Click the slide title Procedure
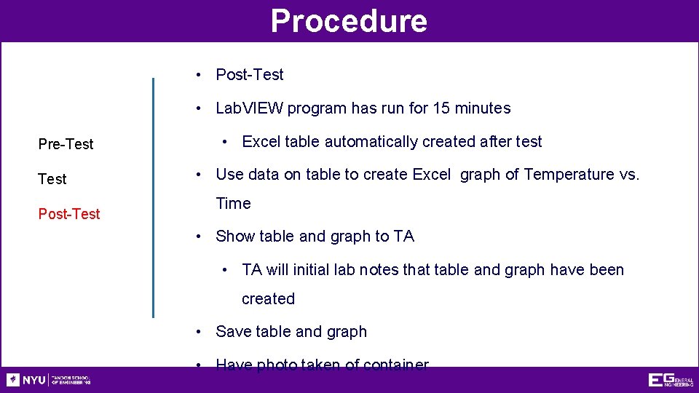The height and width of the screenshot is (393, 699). pyautogui.click(x=349, y=20)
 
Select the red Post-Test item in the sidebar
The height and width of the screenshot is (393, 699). pyautogui.click(x=69, y=214)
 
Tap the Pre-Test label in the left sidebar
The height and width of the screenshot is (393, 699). pyautogui.click(x=66, y=144)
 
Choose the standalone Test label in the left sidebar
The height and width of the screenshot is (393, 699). pyautogui.click(x=52, y=179)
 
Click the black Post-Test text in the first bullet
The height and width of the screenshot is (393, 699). pyautogui.click(x=250, y=75)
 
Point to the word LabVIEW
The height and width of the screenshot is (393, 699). pyautogui.click(x=249, y=108)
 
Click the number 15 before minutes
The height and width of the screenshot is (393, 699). pyautogui.click(x=441, y=108)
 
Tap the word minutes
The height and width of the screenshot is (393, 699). pyautogui.click(x=483, y=108)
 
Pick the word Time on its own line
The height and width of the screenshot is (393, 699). pyautogui.click(x=233, y=204)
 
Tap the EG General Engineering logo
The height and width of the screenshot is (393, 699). pyautogui.click(x=670, y=380)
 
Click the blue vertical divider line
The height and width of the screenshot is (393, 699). pyautogui.click(x=153, y=196)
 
